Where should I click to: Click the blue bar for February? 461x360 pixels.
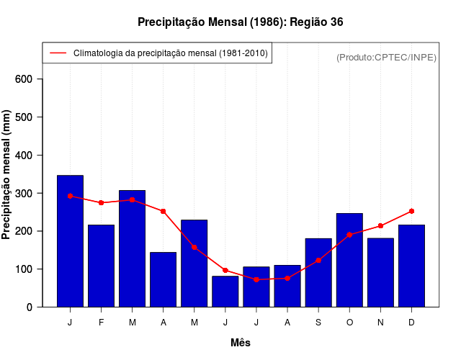101,266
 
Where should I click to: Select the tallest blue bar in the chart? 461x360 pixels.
70,241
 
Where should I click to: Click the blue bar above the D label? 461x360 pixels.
411,266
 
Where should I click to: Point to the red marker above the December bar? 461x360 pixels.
411,211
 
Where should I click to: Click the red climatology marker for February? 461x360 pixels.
101,202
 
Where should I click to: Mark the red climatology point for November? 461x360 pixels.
380,225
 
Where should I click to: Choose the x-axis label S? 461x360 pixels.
318,323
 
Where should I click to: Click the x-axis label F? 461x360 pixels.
101,323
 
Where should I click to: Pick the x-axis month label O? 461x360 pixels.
349,323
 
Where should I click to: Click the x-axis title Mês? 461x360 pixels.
241,343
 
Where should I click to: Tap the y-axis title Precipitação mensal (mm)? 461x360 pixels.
7,175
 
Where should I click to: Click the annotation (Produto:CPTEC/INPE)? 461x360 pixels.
386,57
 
